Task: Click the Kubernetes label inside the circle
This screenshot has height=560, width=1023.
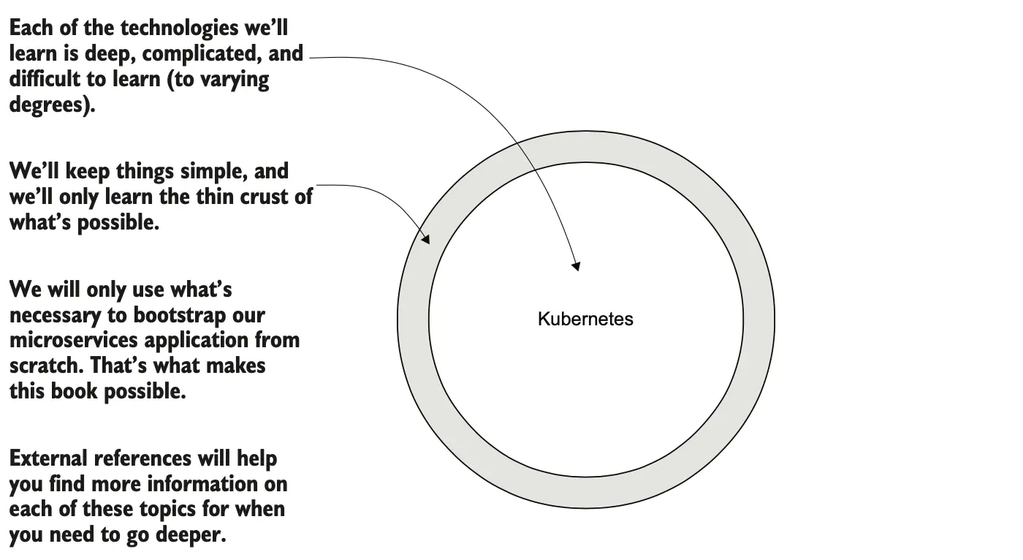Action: point(585,319)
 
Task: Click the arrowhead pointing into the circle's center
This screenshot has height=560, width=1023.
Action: point(576,265)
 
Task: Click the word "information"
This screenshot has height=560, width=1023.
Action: point(196,484)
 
